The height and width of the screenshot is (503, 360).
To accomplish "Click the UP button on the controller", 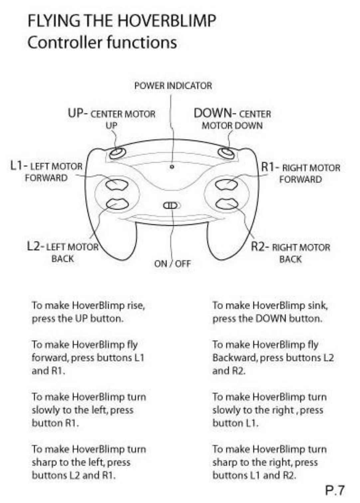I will coord(117,153).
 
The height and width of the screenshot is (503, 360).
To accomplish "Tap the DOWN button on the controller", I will coord(226,153).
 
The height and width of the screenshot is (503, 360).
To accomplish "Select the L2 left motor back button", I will coord(117,203).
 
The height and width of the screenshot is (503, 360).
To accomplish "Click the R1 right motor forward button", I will coord(227,184).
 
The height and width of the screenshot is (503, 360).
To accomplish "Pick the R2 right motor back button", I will coord(227,203).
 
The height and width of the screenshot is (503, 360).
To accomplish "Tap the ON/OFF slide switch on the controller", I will coord(171,205).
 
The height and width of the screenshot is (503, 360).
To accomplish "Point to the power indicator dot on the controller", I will coord(172,166).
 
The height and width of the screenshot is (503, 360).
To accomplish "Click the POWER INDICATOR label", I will coord(173,86).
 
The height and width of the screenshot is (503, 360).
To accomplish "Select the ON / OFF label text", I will coord(172,264).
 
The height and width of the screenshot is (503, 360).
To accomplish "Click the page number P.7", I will coord(335,490).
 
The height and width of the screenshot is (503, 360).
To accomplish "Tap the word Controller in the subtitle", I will coord(65,43).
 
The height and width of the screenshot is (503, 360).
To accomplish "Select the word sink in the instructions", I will coord(318,305).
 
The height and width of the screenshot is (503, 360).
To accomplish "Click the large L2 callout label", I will coord(34,246).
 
